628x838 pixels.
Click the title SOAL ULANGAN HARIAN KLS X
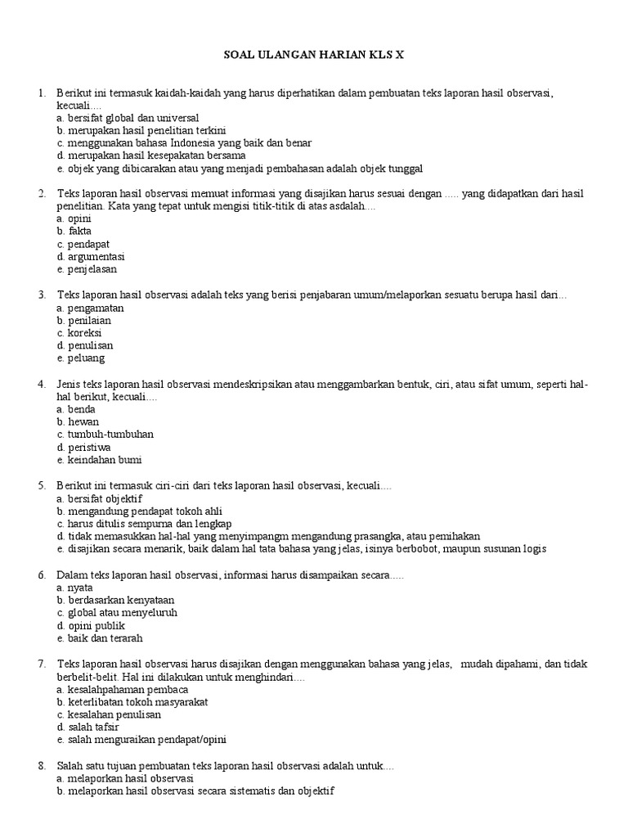click(x=314, y=55)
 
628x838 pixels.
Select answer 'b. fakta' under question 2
click(x=74, y=232)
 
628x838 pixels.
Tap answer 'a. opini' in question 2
click(x=74, y=219)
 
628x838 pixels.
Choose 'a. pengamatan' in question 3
click(x=91, y=308)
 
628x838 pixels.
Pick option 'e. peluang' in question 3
click(x=81, y=358)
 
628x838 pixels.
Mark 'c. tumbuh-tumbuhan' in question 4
click(x=105, y=434)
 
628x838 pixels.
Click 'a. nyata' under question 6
click(x=75, y=588)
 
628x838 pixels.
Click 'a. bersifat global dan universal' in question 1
click(x=128, y=118)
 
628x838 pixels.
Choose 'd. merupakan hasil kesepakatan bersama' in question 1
click(x=151, y=155)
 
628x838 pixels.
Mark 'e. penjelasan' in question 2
click(x=87, y=269)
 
